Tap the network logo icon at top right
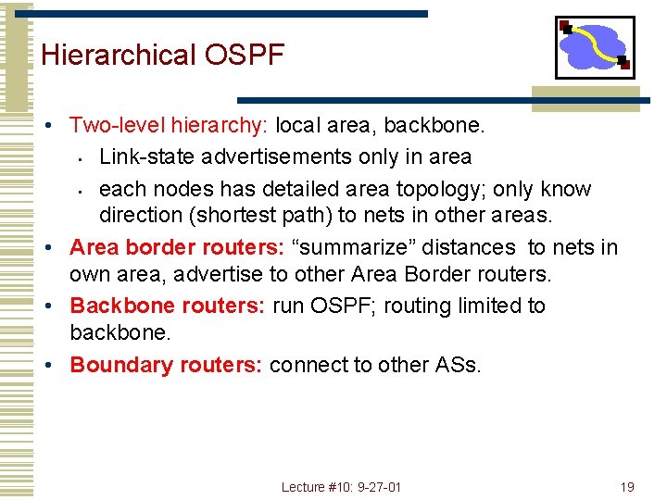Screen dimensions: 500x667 pos(595,47)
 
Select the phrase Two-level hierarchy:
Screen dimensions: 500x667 pos(170,125)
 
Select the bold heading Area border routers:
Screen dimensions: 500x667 pos(169,247)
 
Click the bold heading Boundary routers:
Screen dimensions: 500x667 pos(169,365)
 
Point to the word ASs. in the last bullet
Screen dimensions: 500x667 pos(458,365)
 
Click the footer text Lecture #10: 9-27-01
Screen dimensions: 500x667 pos(342,487)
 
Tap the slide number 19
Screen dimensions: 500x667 pos(627,487)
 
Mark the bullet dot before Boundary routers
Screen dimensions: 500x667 pos(57,366)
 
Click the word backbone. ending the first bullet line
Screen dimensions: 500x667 pos(447,125)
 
